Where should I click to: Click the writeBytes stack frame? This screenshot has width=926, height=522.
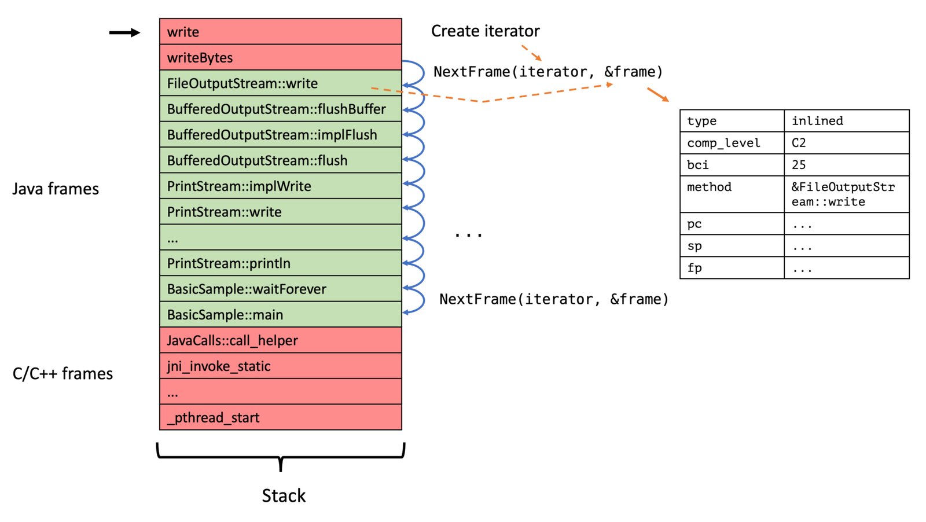pyautogui.click(x=280, y=57)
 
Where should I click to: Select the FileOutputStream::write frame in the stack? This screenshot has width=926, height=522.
pyautogui.click(x=280, y=83)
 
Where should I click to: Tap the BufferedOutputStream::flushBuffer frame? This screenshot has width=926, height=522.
pyautogui.click(x=280, y=109)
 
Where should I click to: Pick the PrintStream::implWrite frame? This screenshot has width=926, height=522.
pyautogui.click(x=280, y=186)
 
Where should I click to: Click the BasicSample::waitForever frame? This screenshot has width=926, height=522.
pyautogui.click(x=280, y=289)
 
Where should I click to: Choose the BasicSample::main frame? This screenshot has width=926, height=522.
pyautogui.click(x=280, y=314)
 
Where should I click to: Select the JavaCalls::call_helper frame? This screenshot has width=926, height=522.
pyautogui.click(x=280, y=340)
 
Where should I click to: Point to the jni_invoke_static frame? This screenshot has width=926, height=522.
pyautogui.click(x=280, y=366)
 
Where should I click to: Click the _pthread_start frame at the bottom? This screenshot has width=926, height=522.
pyautogui.click(x=280, y=417)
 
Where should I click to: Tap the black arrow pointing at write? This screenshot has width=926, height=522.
pyautogui.click(x=124, y=32)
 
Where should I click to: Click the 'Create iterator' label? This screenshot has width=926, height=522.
pyautogui.click(x=486, y=31)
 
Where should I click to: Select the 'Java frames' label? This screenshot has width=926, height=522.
pyautogui.click(x=56, y=189)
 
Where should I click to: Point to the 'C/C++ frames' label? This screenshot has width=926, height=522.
pyautogui.click(x=63, y=374)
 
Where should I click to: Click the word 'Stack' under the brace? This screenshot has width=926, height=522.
pyautogui.click(x=284, y=495)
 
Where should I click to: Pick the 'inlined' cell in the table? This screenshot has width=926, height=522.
pyautogui.click(x=846, y=121)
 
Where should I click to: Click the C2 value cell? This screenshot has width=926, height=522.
pyautogui.click(x=846, y=143)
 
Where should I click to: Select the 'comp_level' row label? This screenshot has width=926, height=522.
pyautogui.click(x=732, y=143)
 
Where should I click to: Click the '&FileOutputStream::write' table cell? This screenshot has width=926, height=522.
pyautogui.click(x=846, y=194)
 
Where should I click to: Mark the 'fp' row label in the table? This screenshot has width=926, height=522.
pyautogui.click(x=732, y=268)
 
